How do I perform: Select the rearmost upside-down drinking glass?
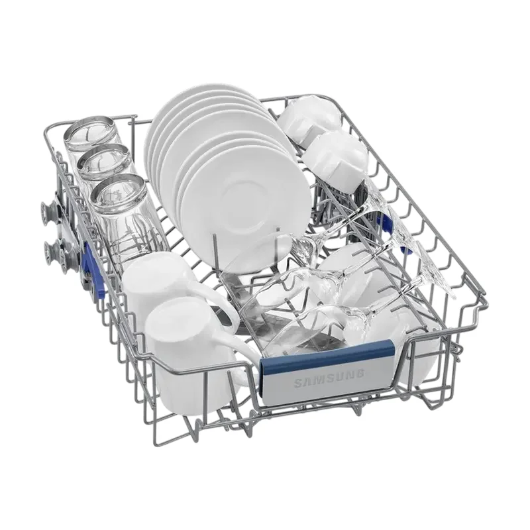coord(92,135)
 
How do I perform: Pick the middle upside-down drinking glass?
coord(105,162)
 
